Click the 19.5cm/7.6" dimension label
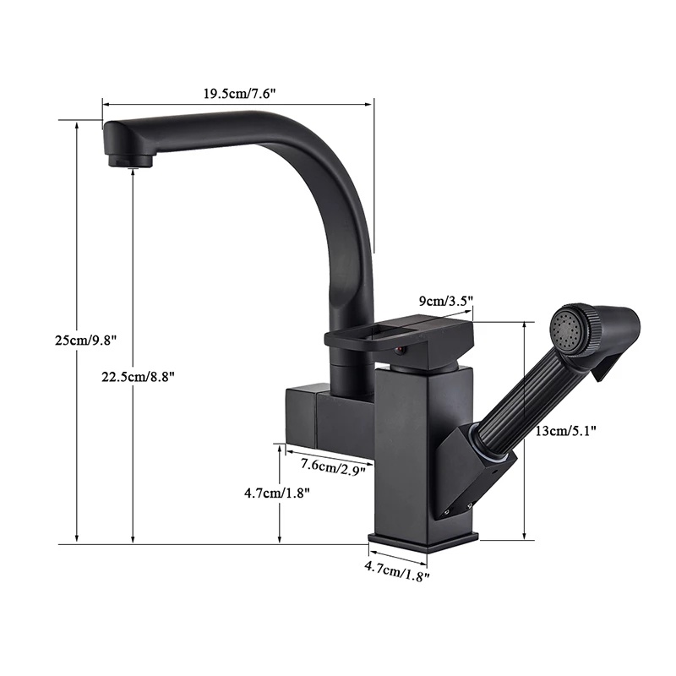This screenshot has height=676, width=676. coord(240,94)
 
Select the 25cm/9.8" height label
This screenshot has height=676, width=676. coord(86,341)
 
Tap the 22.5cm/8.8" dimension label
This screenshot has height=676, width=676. coord(138,377)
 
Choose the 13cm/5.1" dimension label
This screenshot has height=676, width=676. coord(565,430)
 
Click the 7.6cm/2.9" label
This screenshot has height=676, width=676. coord(333,466)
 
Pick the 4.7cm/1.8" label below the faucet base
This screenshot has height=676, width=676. coord(397,570)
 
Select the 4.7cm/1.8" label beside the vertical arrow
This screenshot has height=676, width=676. coord(277,493)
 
